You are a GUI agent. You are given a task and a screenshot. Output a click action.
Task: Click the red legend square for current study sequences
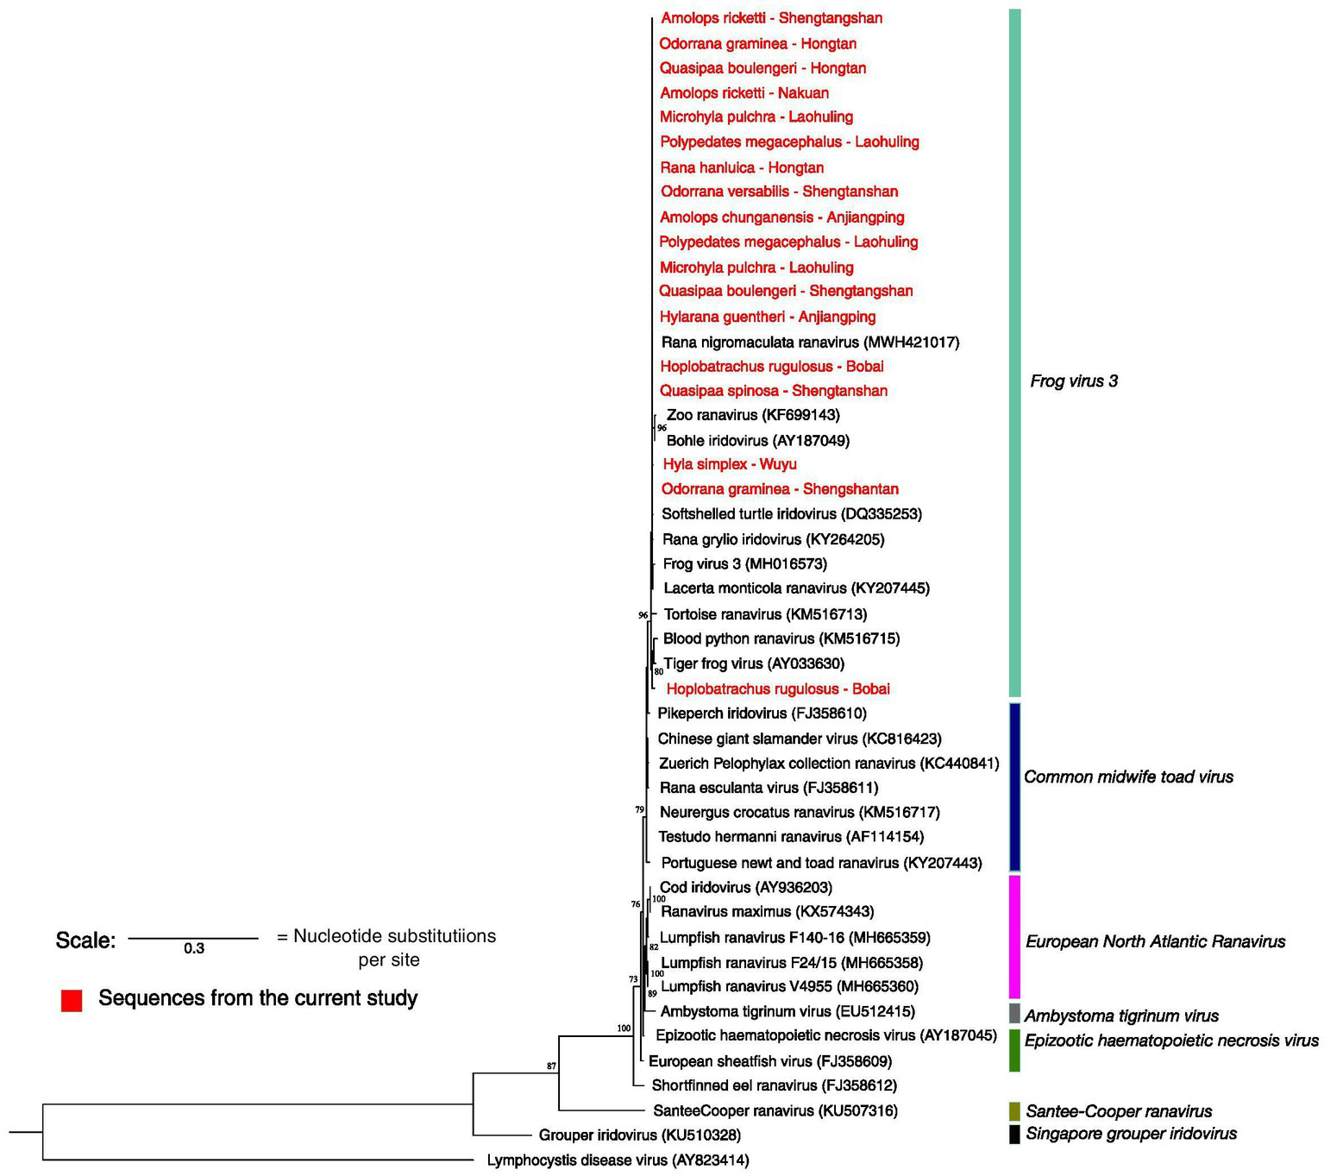[72, 1000]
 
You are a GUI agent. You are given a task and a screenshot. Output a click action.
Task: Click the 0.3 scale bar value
[194, 948]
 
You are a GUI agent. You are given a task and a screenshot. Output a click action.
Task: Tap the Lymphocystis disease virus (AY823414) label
[618, 1160]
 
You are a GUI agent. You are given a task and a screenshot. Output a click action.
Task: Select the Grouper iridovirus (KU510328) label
[639, 1135]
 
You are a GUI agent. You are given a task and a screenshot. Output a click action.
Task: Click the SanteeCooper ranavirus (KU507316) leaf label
[775, 1110]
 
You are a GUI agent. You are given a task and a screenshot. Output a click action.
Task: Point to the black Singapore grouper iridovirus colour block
[1014, 1134]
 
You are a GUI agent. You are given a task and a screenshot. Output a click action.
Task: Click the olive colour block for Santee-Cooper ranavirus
[1014, 1110]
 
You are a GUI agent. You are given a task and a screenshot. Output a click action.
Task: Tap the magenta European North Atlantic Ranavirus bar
[1014, 937]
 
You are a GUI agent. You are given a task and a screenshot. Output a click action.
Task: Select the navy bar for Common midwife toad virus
[1014, 787]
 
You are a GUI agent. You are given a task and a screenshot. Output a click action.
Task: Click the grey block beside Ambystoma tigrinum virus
[1014, 1013]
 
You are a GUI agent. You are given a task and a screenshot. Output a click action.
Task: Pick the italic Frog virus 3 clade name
[1074, 381]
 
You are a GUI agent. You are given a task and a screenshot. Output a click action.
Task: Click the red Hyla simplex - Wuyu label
[730, 464]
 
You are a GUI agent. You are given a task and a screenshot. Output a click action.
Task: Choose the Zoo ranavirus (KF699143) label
[753, 415]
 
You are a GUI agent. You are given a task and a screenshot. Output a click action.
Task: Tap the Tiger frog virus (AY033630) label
[754, 663]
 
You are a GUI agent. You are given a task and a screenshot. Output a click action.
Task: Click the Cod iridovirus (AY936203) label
[745, 887]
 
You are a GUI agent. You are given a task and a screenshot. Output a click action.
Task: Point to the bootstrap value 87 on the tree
[551, 1066]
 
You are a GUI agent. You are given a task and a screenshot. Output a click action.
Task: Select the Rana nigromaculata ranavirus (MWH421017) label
[810, 343]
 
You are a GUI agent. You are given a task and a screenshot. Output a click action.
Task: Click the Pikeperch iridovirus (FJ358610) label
[762, 714]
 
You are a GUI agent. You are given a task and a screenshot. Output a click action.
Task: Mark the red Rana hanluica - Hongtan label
[742, 167]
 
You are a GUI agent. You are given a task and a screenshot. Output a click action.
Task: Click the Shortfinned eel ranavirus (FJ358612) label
[774, 1085]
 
